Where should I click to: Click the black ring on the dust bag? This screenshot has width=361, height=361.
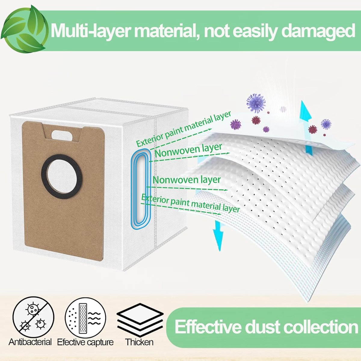62,176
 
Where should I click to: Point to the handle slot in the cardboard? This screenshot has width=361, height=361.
62,135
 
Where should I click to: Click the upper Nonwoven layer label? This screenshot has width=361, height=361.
189,150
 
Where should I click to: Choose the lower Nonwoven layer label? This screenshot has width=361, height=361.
187,180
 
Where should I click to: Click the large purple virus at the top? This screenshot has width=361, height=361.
256,103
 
